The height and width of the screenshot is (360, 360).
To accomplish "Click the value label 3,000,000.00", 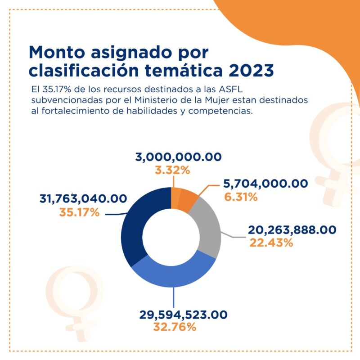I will click(179, 157).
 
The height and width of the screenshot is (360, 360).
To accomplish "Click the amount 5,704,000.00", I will click(265, 184).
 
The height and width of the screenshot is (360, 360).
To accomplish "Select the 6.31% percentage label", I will click(240, 197).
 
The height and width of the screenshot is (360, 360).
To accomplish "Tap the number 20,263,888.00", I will click(292, 230).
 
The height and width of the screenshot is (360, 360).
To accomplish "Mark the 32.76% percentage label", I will click(175, 327).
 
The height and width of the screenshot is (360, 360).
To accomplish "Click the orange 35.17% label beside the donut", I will click(79, 212).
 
